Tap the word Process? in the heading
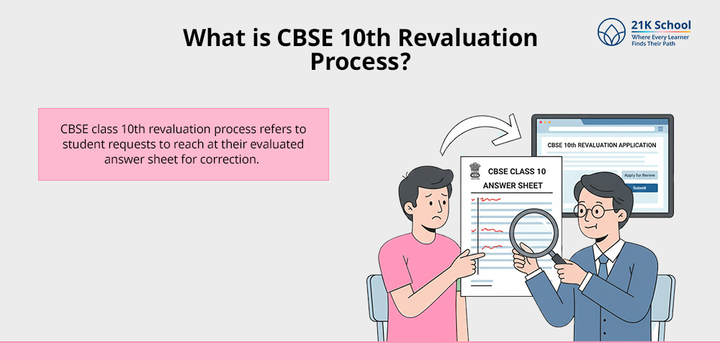[x=360, y=61]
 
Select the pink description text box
[x=184, y=144]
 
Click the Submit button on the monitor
[x=639, y=188]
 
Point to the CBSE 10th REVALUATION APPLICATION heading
[x=602, y=145]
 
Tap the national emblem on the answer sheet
[x=474, y=170]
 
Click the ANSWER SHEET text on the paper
[x=513, y=186]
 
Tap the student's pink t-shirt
[x=418, y=288]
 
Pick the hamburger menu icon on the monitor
[x=660, y=129]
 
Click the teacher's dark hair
[x=594, y=184]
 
